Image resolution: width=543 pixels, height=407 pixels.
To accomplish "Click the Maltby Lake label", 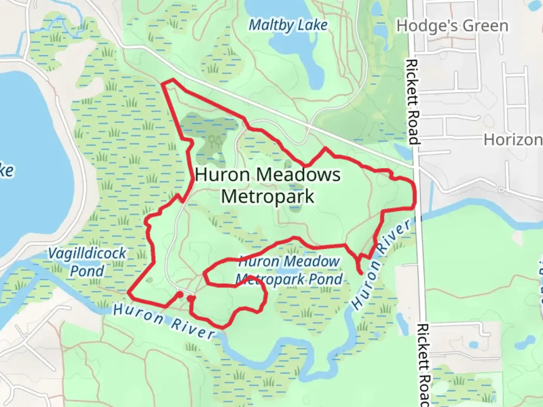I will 288,26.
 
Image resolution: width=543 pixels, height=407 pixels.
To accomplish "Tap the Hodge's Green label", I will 452,26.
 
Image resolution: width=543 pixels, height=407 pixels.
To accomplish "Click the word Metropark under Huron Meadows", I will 267,196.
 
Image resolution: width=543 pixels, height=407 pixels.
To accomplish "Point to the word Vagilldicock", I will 87,253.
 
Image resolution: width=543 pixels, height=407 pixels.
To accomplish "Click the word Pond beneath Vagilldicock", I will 87,271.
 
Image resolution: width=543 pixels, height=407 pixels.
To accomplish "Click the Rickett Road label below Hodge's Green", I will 413,102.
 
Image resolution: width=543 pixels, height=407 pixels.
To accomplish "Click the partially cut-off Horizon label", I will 513,140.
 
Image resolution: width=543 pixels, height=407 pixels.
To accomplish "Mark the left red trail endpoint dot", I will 180,294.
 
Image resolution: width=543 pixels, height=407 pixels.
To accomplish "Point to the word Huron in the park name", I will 222,175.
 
